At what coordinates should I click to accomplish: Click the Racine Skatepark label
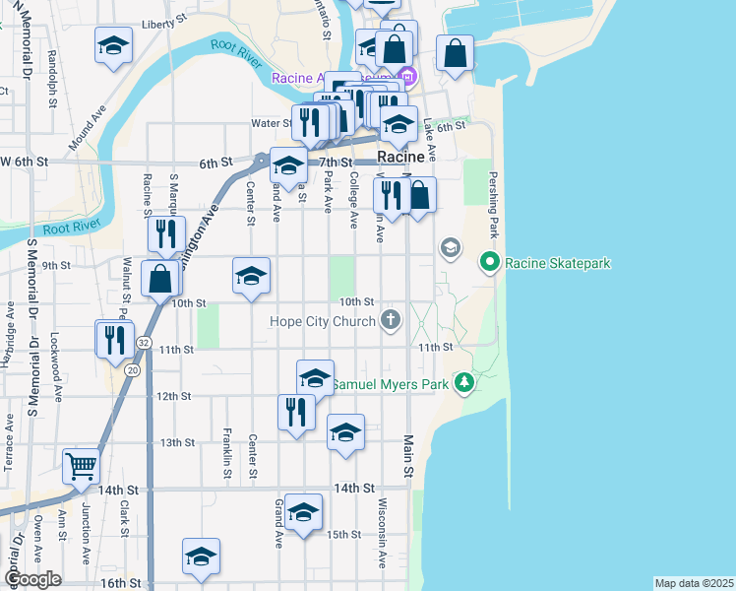[x=558, y=263]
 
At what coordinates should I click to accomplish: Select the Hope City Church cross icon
[x=391, y=320]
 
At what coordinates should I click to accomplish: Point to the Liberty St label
[x=162, y=25]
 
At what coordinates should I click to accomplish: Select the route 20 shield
[x=133, y=369]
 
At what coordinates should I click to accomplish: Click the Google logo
[x=33, y=578]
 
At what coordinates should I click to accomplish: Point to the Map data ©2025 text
[x=693, y=583]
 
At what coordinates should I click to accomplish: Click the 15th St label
[x=344, y=534]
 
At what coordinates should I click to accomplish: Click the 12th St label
[x=173, y=396]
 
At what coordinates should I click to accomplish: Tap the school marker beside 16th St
[x=201, y=557]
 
